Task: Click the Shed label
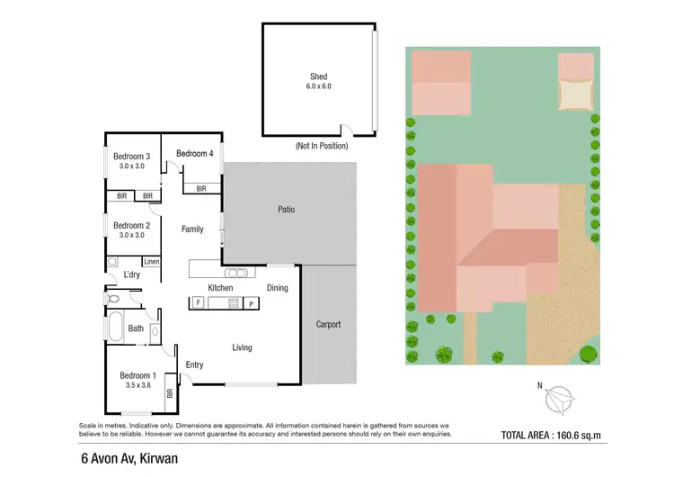coord(318,77)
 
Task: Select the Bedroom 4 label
coord(194,153)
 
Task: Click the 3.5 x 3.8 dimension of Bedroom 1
coord(138,385)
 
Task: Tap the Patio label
coord(287,210)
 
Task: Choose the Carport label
coord(328,324)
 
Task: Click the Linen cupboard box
coord(151,262)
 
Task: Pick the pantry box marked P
coord(251,304)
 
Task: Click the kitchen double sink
coord(236,272)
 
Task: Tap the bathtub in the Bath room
coord(115,327)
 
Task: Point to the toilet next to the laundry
coord(111,296)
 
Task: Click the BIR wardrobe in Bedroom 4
coord(201,189)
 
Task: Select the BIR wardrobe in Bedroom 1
coord(169,393)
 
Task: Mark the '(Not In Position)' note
coord(321,146)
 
